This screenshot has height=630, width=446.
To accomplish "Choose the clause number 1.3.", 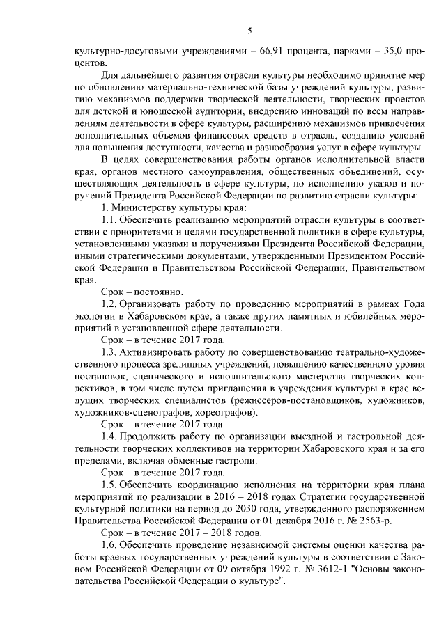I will [110, 352].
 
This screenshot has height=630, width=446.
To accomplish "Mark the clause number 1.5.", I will [110, 483].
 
